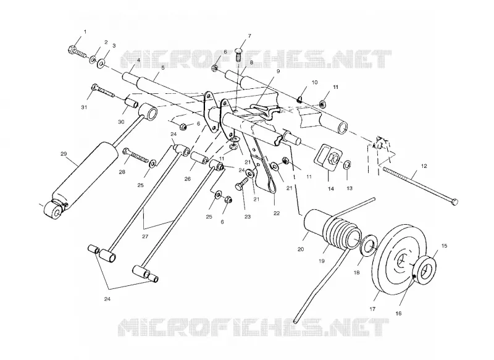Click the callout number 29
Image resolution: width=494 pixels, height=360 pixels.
coord(64,154)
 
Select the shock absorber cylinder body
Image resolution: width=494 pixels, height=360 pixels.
coord(85,174)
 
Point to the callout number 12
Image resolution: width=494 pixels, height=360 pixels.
coord(424,166)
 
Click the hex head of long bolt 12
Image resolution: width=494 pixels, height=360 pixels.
coord(454,201)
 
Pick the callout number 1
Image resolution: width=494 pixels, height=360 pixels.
coord(85,32)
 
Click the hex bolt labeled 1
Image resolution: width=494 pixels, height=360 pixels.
coord(77,52)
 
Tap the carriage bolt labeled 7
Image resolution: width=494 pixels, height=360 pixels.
coord(240,55)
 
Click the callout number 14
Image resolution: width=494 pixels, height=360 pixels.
coord(331,189)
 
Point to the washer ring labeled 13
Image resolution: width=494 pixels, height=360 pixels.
coord(347,164)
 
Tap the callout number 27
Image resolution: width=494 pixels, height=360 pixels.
coord(145,237)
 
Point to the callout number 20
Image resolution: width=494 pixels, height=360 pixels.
coord(301,249)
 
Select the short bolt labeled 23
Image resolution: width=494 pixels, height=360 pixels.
coord(242,183)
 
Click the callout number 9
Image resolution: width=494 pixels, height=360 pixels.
coord(278,71)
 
